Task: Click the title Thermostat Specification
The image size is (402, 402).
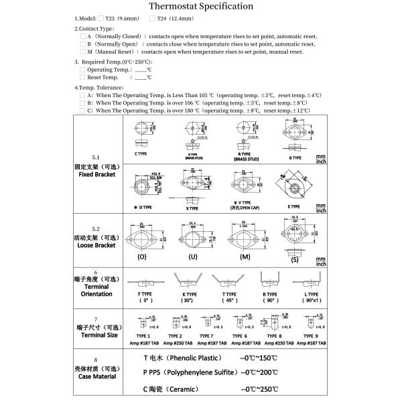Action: point(200,7)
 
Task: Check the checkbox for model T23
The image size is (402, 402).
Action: point(101,19)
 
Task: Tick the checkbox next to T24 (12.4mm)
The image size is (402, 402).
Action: point(151,19)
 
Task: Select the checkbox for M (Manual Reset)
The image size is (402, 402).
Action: point(82,52)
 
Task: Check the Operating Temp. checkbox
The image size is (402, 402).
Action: point(82,70)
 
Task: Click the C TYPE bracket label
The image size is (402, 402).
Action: point(141,153)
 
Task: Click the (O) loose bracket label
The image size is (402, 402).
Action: point(142,257)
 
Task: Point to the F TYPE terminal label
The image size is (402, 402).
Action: point(143,294)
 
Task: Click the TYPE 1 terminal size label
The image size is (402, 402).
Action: point(143,335)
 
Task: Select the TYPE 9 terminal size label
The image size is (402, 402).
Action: point(310,335)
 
